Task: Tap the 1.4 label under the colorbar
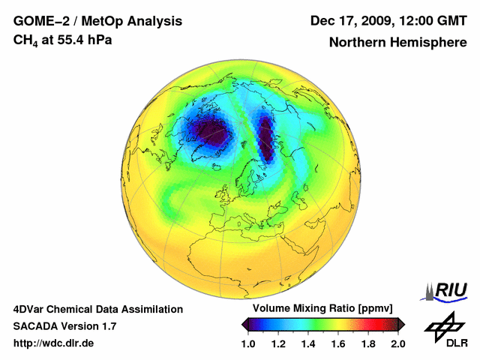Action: [x=307, y=343]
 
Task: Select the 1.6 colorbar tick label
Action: [x=337, y=343]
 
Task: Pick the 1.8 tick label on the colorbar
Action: [x=367, y=343]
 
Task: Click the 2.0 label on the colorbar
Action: [x=397, y=343]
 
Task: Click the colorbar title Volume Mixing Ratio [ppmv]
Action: [x=322, y=309]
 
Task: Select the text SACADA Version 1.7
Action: [x=64, y=326]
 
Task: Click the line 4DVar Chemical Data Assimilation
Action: [x=97, y=309]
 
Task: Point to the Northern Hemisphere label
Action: [x=397, y=43]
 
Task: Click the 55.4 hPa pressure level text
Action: [x=82, y=40]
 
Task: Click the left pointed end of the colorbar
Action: [x=244, y=324]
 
